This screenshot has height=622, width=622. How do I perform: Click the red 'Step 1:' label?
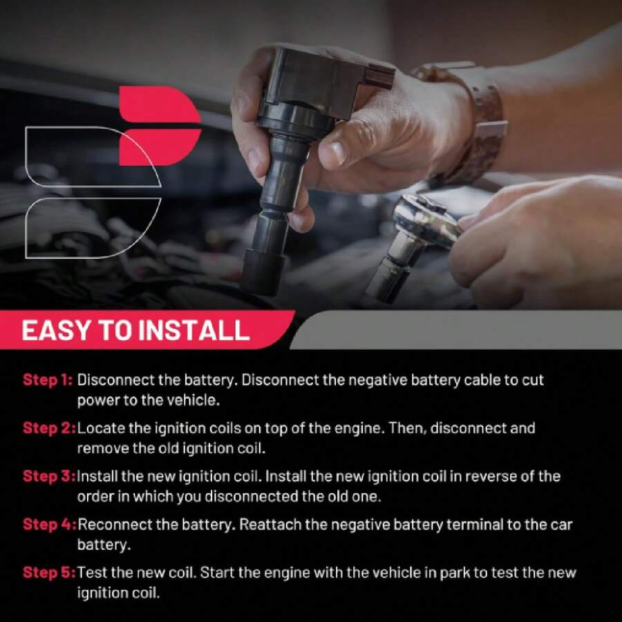[x=48, y=380]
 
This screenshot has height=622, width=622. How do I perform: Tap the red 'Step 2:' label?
[x=49, y=428]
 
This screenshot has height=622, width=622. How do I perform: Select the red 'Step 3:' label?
[x=49, y=476]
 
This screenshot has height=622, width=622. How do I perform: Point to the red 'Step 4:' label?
[x=50, y=525]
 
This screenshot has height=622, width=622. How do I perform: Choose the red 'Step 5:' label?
[x=49, y=572]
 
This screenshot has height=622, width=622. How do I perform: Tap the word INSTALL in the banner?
[x=194, y=330]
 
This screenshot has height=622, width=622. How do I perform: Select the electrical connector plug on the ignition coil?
[x=380, y=75]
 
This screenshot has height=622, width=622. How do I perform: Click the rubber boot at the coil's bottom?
[x=263, y=272]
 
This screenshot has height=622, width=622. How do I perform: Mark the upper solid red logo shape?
[x=160, y=104]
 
